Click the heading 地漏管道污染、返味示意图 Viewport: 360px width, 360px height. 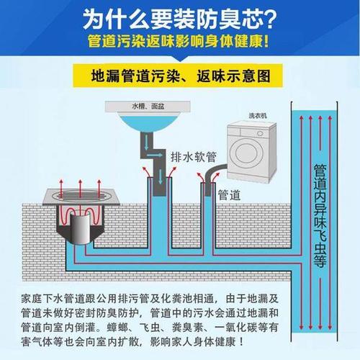click(181, 76)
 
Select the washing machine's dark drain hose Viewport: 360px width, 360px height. click(213, 173)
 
